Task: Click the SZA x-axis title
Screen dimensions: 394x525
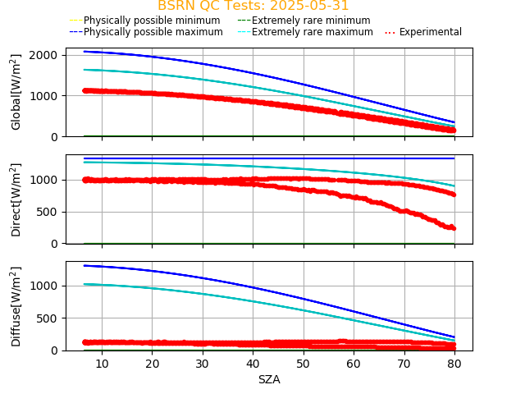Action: tap(269, 379)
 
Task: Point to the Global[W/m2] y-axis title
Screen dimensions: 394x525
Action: tap(16, 92)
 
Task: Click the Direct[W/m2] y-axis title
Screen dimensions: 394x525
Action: tap(16, 199)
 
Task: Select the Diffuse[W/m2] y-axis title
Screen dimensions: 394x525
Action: tap(16, 306)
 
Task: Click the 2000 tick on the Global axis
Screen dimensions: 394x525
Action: tap(44, 55)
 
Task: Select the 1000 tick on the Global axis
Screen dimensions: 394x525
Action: tap(44, 96)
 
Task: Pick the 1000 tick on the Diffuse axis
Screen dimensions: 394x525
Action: tap(44, 286)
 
